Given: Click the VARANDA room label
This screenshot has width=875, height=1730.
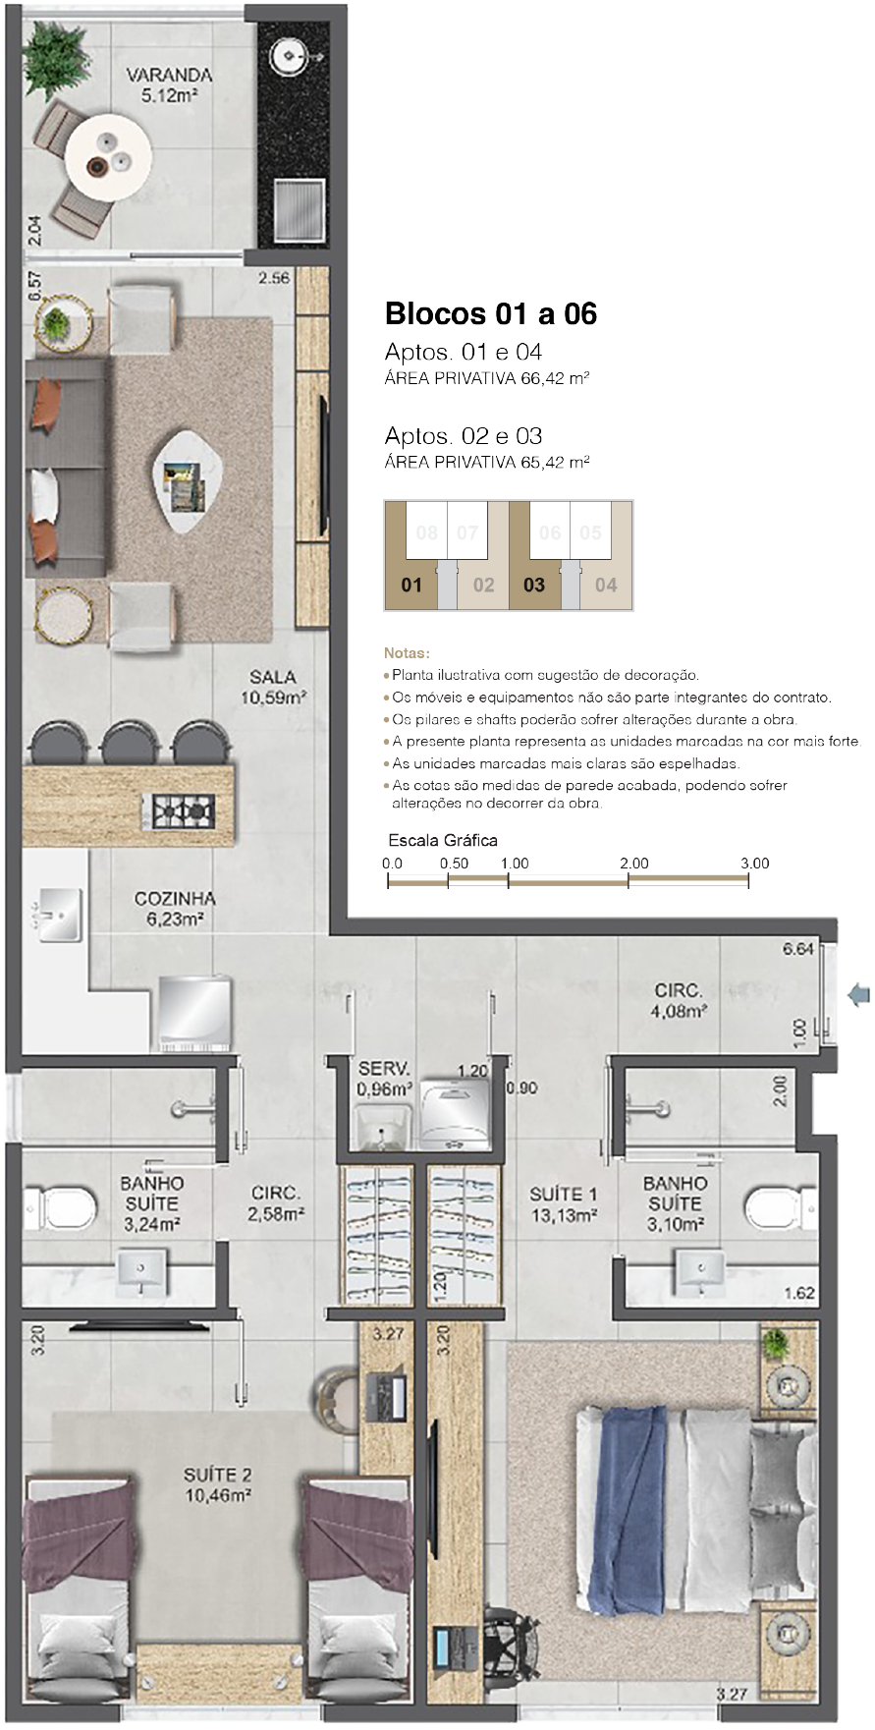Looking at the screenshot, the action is [169, 75].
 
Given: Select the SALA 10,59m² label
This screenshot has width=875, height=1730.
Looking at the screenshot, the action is [273, 688].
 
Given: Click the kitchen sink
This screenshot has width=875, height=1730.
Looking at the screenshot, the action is [60, 915].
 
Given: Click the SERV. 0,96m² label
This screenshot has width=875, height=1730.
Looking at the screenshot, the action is [385, 1079].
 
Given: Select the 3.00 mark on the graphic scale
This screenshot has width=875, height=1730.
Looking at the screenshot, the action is [754, 864].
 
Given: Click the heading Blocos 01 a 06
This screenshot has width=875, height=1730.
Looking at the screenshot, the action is [491, 313].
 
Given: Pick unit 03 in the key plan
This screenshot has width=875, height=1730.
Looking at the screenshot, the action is [534, 586].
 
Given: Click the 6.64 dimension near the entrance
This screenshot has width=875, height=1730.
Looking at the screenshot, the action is [798, 949].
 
